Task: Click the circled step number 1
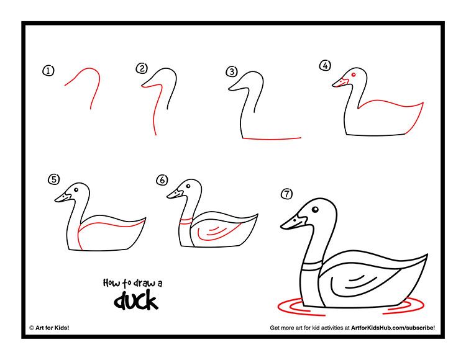(x=48, y=71)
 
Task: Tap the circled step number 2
(x=142, y=68)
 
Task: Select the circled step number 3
(x=232, y=71)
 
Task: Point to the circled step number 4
(x=325, y=65)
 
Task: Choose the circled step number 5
(x=54, y=179)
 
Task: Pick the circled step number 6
(x=162, y=180)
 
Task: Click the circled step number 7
(x=286, y=194)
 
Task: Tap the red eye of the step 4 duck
(x=353, y=76)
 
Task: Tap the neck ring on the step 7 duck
(x=311, y=266)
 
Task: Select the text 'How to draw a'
(x=132, y=283)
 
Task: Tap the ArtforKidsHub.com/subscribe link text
(x=392, y=327)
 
